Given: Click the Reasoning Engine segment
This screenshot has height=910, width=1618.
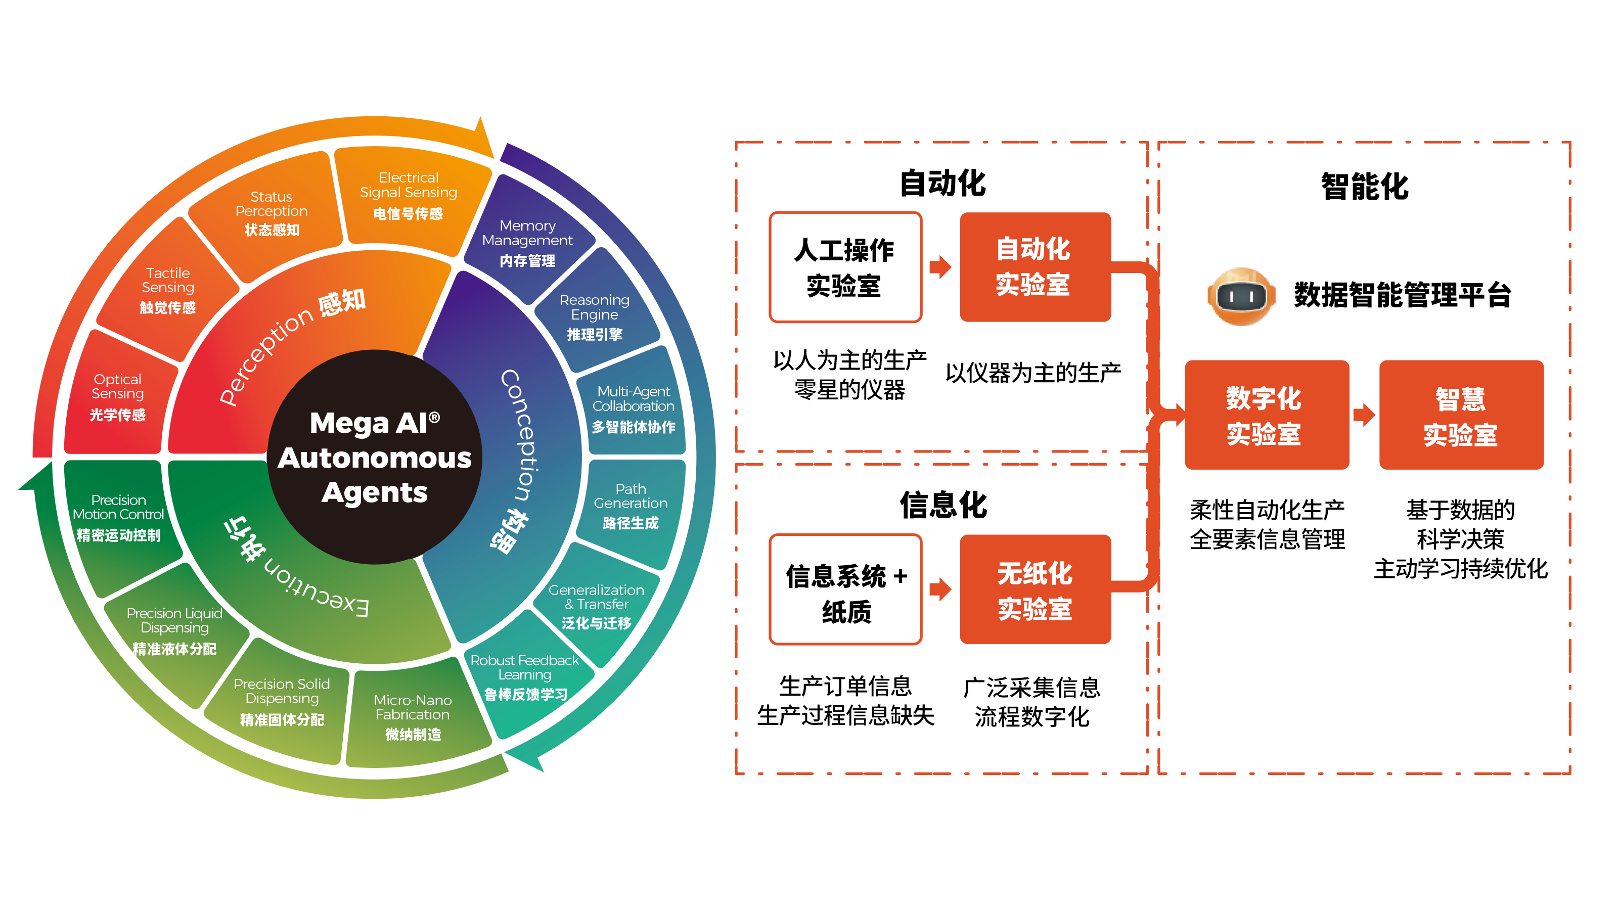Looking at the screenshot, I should (x=594, y=317).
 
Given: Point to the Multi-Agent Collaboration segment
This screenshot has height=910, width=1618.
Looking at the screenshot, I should (x=633, y=408).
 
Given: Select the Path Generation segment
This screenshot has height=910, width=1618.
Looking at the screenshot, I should (x=631, y=506).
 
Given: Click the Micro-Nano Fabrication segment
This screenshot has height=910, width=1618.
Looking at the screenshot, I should (x=413, y=716).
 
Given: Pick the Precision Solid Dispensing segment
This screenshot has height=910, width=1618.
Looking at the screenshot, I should (x=282, y=701).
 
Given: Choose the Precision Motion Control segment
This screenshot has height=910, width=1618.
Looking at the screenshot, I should (x=119, y=517).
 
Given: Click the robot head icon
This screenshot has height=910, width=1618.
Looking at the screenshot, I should (x=1240, y=296).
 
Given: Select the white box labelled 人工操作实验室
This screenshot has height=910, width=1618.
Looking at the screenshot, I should (x=845, y=267).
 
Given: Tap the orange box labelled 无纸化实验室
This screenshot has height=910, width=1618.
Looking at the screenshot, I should (x=1035, y=589).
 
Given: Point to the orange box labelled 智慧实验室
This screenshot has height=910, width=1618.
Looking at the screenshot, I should (x=1460, y=415).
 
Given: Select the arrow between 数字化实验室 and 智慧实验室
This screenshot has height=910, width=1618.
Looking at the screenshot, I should (x=1364, y=415).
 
